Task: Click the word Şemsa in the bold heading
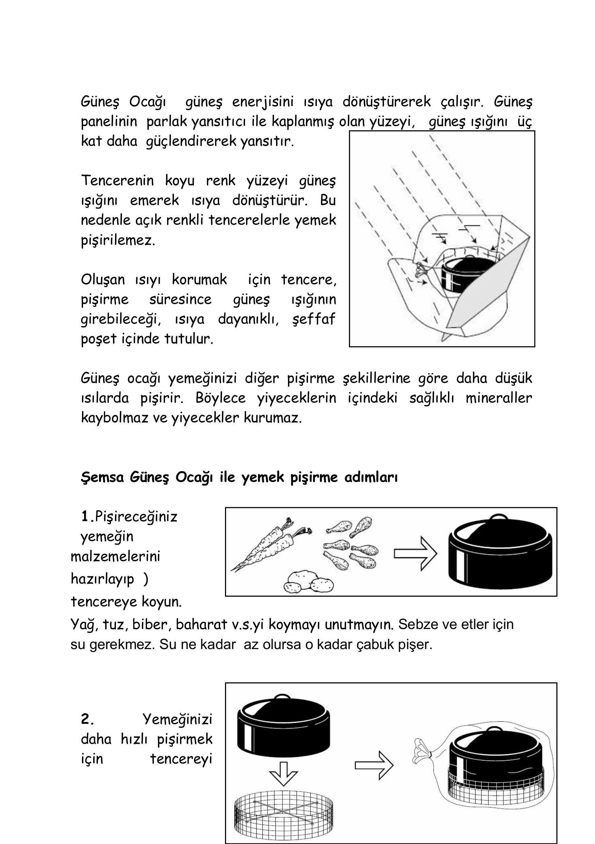(x=102, y=478)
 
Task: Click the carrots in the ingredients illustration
(x=270, y=544)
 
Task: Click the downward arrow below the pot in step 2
(x=283, y=774)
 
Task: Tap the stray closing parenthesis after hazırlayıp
(x=146, y=579)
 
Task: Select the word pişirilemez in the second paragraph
(x=118, y=240)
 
